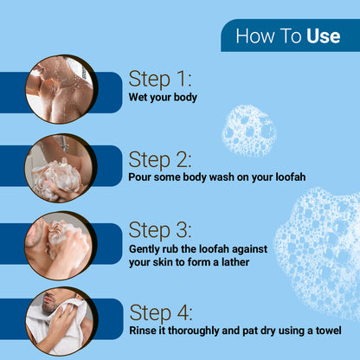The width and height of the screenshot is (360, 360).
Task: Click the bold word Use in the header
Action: pyautogui.click(x=324, y=36)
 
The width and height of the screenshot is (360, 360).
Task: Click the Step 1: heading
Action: pyautogui.click(x=160, y=79)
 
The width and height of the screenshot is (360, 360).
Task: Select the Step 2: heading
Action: pyautogui.click(x=160, y=160)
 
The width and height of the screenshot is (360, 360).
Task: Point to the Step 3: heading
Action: pyautogui.click(x=160, y=230)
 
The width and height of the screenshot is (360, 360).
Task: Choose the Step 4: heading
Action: pyautogui.click(x=161, y=312)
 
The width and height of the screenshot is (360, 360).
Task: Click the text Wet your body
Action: pyautogui.click(x=163, y=98)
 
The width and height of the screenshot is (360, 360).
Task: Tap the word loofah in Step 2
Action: pyautogui.click(x=291, y=177)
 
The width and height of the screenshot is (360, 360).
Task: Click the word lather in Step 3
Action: pyautogui.click(x=235, y=262)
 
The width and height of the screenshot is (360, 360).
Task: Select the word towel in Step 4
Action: pyautogui.click(x=329, y=331)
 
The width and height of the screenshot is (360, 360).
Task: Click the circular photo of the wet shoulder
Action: pyautogui.click(x=61, y=89)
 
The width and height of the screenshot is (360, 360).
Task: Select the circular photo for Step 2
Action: pyautogui.click(x=61, y=168)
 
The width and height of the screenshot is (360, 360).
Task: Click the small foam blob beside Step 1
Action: pyautogui.click(x=249, y=131)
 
